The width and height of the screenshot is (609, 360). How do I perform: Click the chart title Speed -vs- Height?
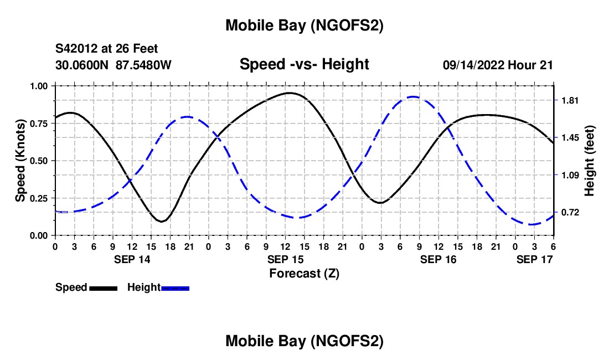304,64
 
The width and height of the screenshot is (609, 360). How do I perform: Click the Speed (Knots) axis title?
20,161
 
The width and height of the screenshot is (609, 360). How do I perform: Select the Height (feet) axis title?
589,161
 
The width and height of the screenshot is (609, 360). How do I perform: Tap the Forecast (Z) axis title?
304,273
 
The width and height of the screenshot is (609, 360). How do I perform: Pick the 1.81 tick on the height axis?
570,100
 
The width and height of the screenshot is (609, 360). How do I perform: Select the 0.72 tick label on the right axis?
570,213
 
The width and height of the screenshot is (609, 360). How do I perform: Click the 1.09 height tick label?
570,176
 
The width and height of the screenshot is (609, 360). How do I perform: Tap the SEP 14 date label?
132,259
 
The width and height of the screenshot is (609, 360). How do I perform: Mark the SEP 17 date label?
535,259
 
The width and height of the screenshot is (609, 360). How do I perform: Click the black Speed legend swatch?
103,287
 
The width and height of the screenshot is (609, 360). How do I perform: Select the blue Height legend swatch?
176,287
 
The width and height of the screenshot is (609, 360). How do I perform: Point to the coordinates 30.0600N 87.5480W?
113,65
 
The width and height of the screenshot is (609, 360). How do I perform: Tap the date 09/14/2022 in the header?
473,65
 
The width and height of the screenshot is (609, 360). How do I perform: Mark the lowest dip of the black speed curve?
161,222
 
